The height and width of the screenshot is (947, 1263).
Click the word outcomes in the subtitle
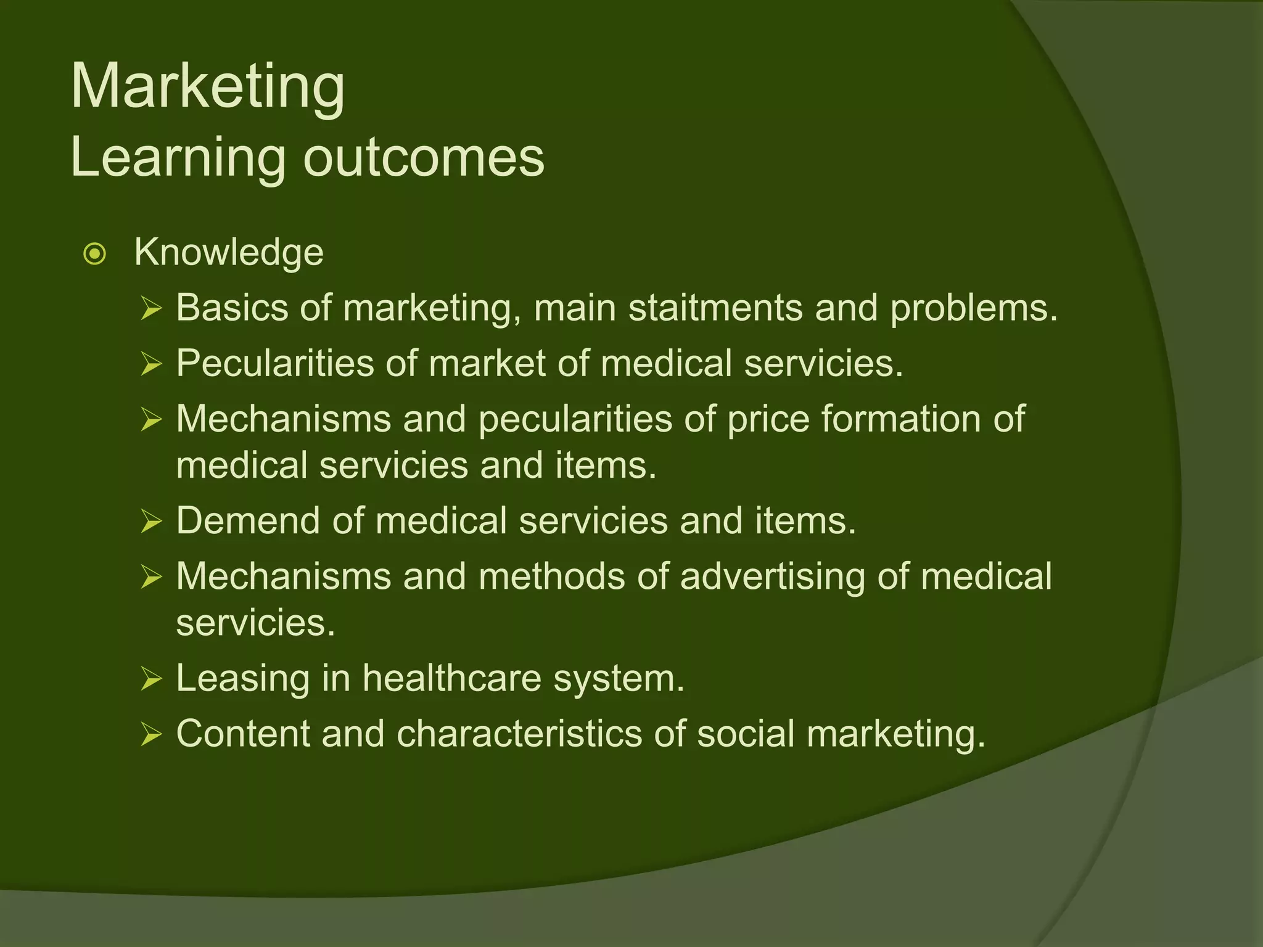click(424, 157)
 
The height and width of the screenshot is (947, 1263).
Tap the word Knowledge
click(229, 252)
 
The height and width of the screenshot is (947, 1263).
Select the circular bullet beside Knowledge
click(95, 253)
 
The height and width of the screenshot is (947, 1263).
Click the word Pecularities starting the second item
click(274, 363)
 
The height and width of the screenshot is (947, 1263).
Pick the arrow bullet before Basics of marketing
click(151, 308)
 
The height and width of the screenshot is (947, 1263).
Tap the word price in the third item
click(768, 419)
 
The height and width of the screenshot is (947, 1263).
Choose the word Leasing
click(242, 678)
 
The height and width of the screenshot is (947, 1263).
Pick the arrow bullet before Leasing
click(151, 679)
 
